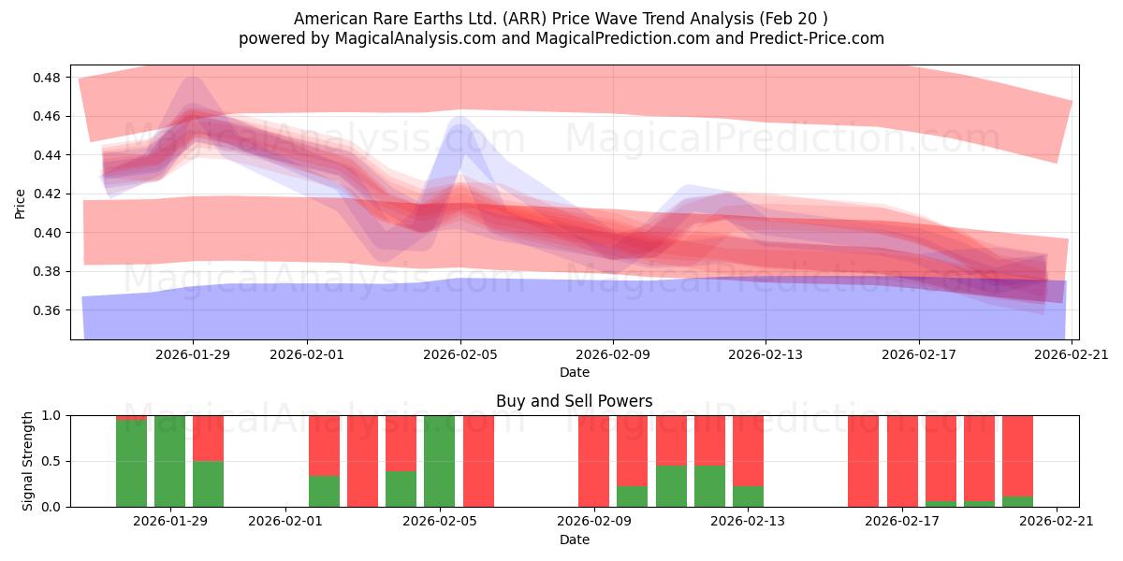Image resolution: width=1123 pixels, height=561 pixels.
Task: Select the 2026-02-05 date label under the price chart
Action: point(460,354)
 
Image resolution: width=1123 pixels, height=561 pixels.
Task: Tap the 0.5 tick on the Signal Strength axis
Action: point(53,462)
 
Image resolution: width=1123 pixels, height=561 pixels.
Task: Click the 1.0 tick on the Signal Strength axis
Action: point(53,415)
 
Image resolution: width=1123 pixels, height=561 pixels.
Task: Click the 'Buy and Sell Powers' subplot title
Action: point(574,401)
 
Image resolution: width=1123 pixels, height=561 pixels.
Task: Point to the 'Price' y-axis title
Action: point(21,203)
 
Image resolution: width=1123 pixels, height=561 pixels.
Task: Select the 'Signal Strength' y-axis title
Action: point(28,461)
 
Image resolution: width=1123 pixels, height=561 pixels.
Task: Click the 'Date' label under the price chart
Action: point(574,372)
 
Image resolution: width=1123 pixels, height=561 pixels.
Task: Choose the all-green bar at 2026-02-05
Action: point(440,461)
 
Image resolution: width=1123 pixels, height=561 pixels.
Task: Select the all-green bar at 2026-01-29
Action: point(169,461)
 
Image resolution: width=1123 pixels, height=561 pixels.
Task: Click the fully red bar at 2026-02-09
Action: point(593,461)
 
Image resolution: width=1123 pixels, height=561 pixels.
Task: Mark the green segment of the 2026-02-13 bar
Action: point(748,496)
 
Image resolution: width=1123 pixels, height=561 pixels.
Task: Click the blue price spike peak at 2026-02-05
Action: point(459,121)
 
